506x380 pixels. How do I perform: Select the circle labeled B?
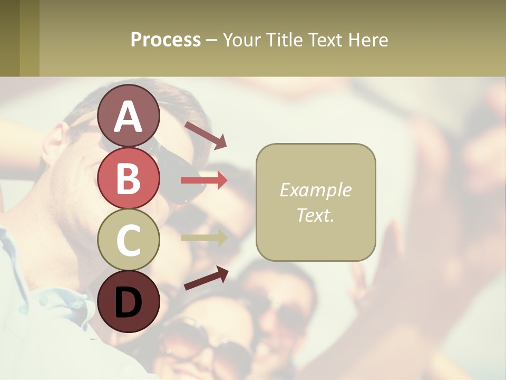click(x=128, y=178)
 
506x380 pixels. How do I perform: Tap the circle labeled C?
click(x=128, y=240)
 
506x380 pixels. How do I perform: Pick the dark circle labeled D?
click(x=128, y=301)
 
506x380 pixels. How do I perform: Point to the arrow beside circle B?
click(x=204, y=180)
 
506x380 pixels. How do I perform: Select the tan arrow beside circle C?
click(x=204, y=237)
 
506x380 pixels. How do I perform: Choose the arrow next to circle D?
click(x=206, y=278)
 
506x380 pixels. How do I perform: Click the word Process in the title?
click(x=166, y=40)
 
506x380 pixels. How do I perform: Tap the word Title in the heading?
click(x=285, y=40)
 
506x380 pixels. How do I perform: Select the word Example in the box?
click(x=315, y=190)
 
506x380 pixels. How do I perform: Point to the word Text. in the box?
click(x=315, y=215)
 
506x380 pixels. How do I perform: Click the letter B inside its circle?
click(x=128, y=178)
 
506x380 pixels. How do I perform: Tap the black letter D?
click(x=128, y=302)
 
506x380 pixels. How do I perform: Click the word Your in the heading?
click(x=242, y=40)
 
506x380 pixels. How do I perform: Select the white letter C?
click(x=128, y=240)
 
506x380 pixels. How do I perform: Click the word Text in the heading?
click(x=325, y=40)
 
